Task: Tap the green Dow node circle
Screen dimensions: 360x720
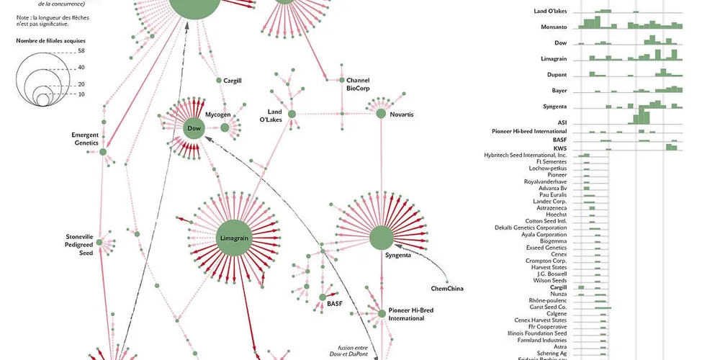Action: [x=193, y=128]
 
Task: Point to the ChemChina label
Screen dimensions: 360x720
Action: [x=446, y=289]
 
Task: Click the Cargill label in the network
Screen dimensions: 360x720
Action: [x=232, y=81]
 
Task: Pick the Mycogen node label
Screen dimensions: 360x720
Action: [x=218, y=114]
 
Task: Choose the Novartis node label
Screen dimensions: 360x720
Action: [x=402, y=114]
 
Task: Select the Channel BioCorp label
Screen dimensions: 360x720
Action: [x=358, y=84]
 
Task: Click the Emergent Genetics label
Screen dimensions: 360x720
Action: [x=85, y=139]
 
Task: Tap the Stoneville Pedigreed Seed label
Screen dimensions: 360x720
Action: [x=80, y=245]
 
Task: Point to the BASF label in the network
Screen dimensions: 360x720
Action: [x=335, y=304]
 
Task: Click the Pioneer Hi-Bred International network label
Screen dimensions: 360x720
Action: [x=411, y=313]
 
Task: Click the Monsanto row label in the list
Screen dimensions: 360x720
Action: [x=554, y=27]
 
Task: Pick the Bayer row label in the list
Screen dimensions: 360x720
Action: [x=559, y=91]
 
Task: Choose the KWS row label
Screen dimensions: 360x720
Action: [x=560, y=148]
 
